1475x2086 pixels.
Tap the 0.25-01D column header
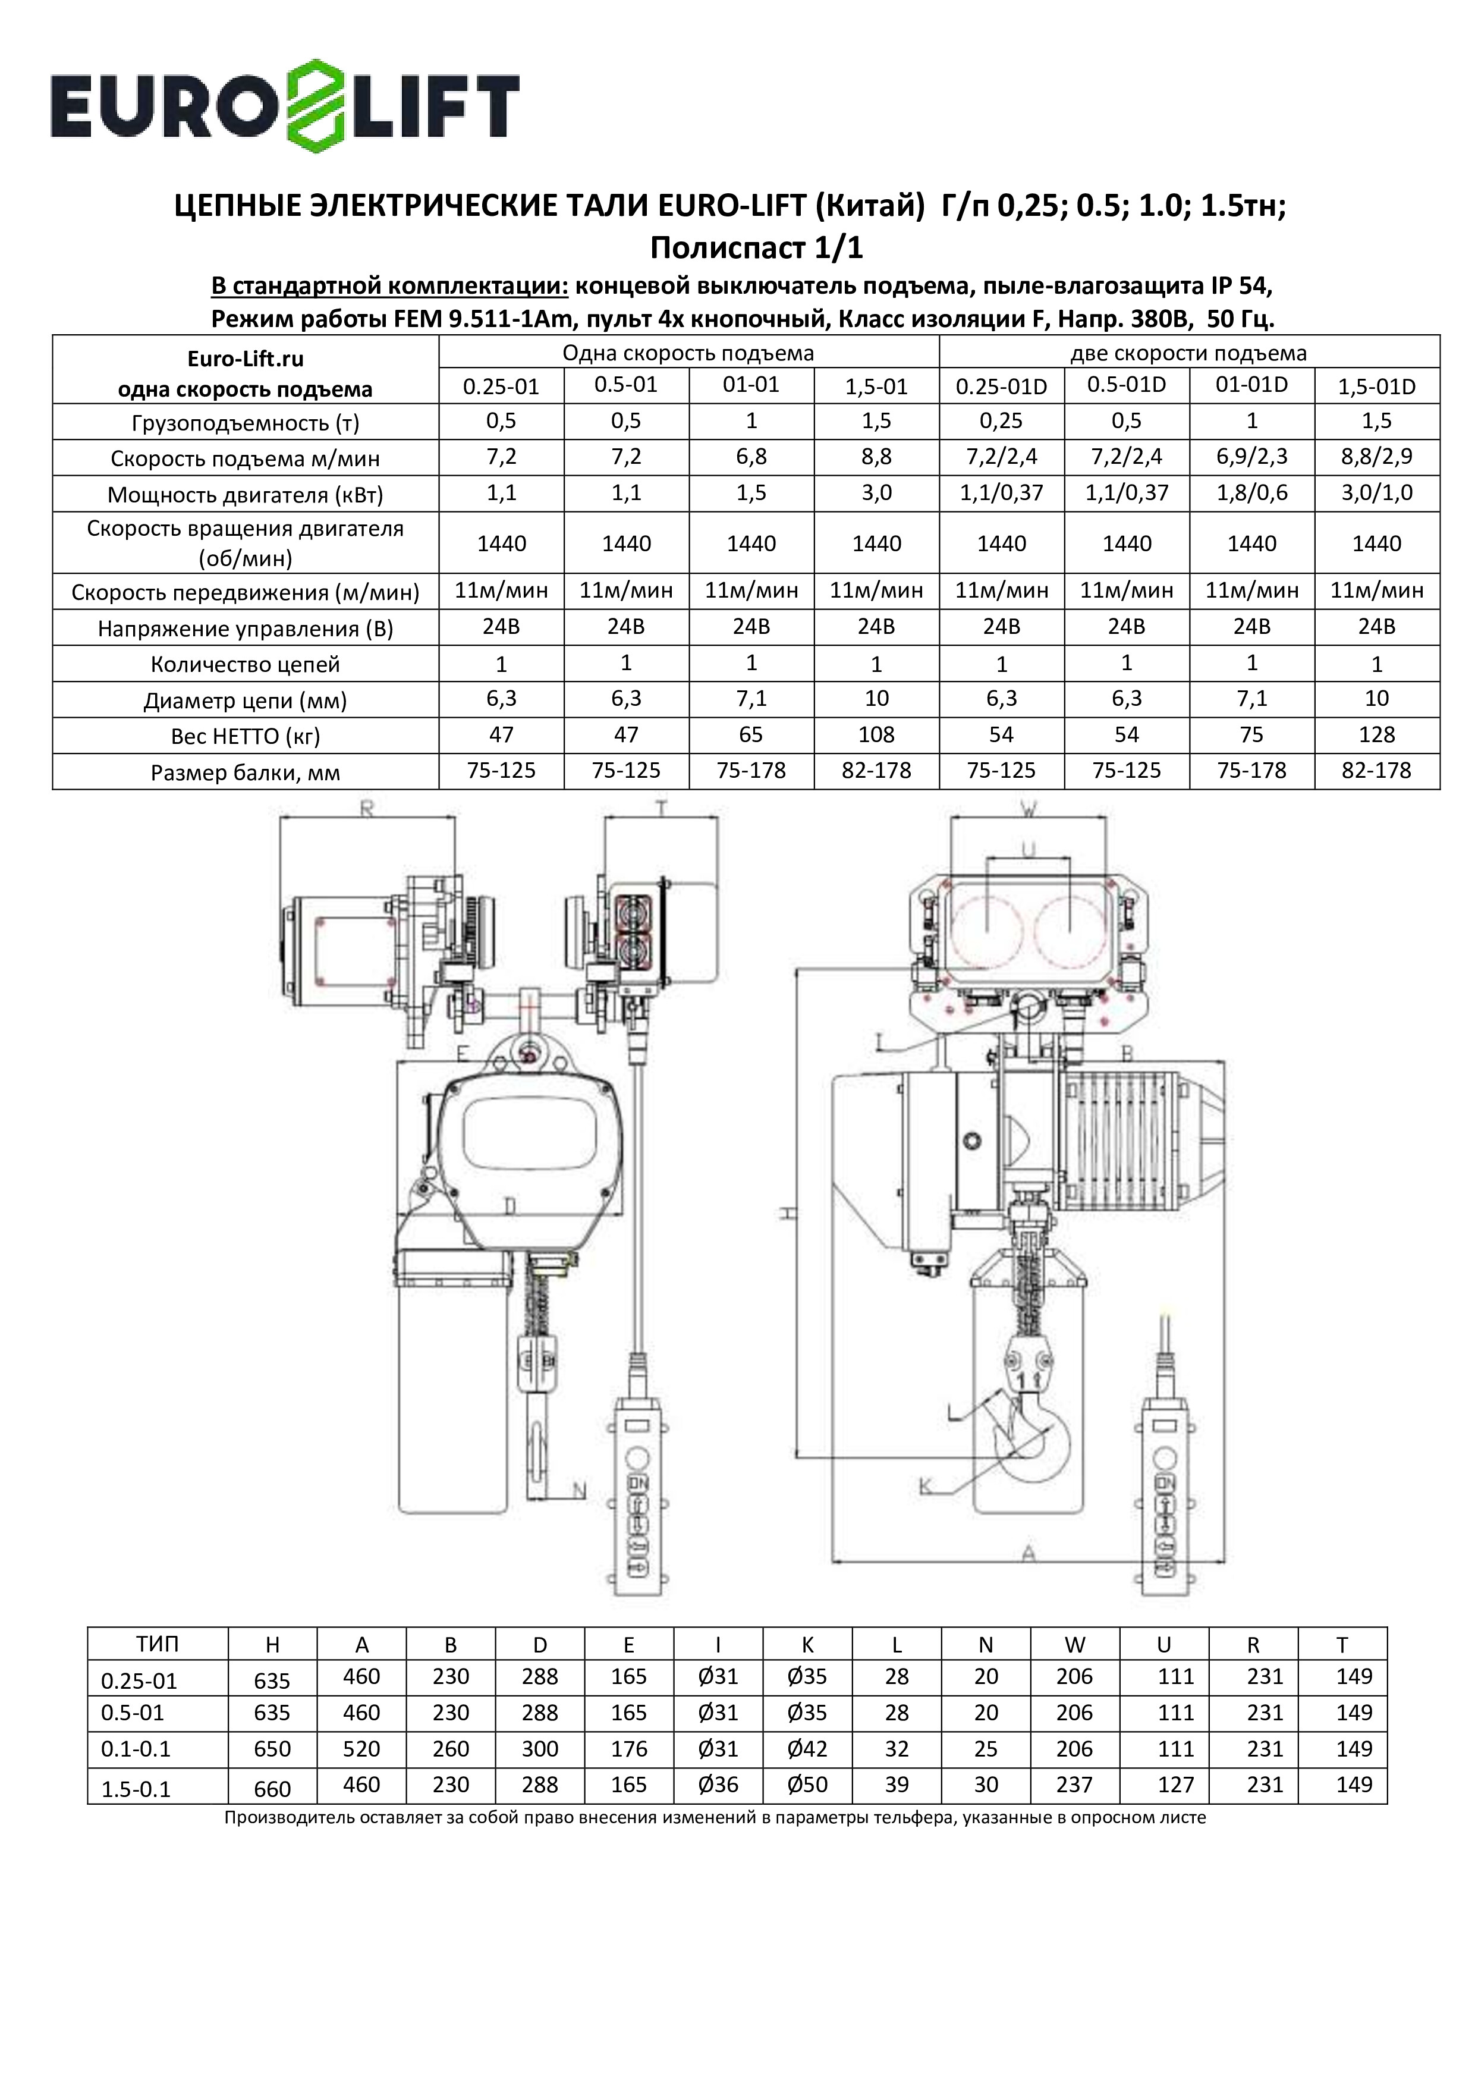1001,387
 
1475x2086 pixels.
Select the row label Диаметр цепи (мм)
245,700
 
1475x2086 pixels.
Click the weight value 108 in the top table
876,735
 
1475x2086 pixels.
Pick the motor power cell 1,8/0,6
1251,494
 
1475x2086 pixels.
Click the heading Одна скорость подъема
688,353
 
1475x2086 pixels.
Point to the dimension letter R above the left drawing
367,809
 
